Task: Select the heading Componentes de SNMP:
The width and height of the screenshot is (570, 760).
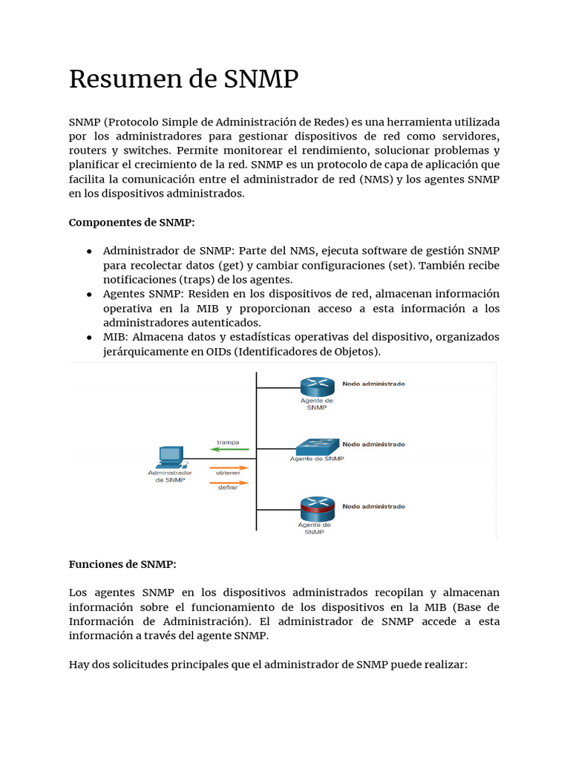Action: coord(131,222)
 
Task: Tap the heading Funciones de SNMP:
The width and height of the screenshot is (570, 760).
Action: coord(122,564)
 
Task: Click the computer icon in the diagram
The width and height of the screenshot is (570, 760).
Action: coord(171,456)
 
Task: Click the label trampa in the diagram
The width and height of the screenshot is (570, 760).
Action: coord(228,442)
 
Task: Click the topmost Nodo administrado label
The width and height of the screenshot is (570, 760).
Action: coord(373,384)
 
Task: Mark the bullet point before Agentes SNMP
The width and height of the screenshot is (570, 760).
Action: coord(89,294)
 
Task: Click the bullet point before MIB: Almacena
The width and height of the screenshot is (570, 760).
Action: coord(89,337)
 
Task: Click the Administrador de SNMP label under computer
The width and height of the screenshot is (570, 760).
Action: coord(170,476)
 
